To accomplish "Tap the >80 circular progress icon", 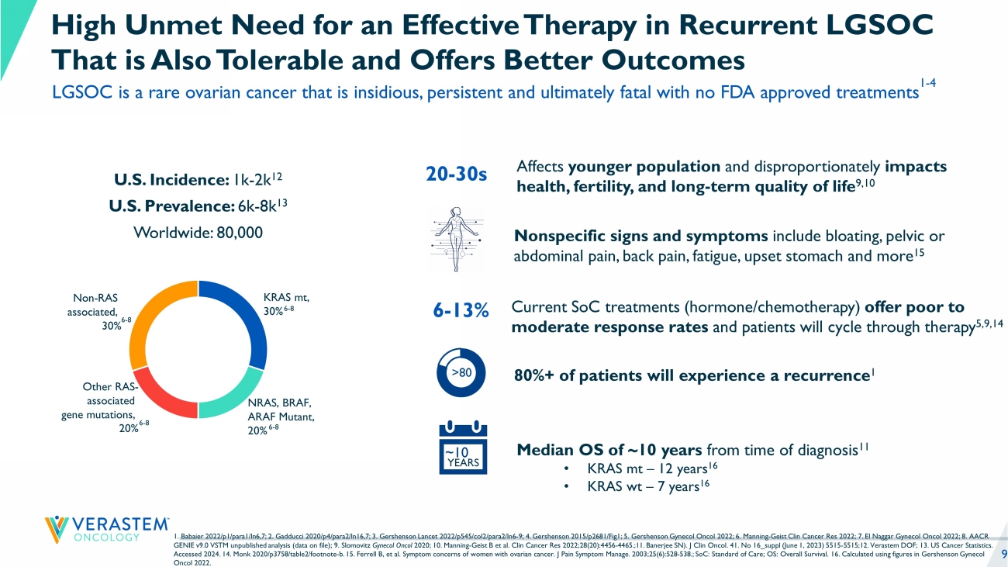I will coord(462,372).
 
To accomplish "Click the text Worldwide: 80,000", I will coord(198,232).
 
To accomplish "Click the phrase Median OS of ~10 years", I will coord(609,450).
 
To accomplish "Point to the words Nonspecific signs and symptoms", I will coord(641,237).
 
